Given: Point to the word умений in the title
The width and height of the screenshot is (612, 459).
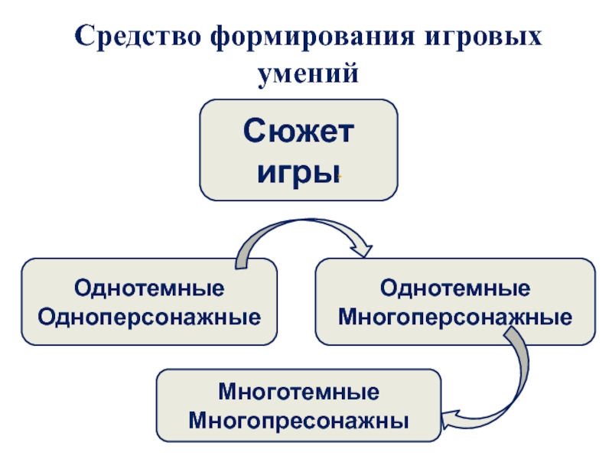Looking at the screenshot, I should click(307, 74).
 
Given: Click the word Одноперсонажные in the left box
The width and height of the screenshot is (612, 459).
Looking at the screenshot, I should click(149, 314).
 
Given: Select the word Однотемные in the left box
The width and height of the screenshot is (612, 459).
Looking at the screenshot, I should click(149, 290).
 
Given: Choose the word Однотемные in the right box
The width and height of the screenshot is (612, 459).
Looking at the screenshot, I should click(455, 290).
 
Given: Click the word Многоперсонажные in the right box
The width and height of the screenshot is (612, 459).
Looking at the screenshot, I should click(455, 314).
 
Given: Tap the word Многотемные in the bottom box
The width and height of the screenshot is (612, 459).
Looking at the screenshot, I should click(299, 394).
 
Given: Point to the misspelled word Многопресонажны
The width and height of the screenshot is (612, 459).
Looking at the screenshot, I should click(299, 420).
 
